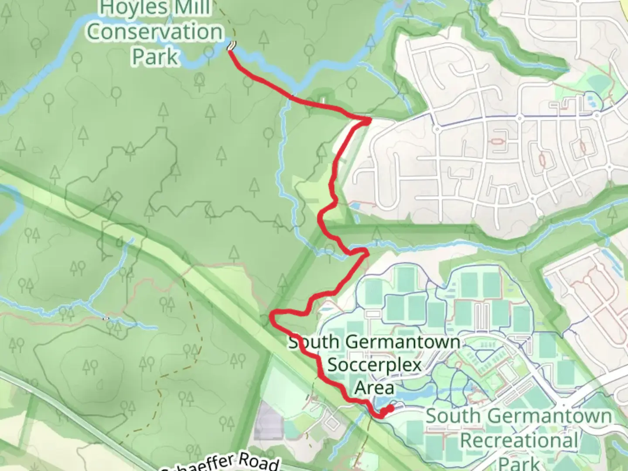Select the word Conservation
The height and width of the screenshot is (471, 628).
155,32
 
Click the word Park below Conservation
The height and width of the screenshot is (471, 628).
155,57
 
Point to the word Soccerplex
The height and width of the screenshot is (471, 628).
374,365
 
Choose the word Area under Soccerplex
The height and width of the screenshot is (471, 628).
374,387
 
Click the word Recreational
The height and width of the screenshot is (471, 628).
519,440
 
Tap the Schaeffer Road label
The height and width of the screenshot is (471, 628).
222,463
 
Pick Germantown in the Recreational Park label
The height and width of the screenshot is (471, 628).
549,416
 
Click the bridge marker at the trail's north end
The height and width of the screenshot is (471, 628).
232,45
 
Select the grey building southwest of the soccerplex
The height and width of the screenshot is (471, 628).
267,421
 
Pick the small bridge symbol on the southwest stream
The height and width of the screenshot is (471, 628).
106,318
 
